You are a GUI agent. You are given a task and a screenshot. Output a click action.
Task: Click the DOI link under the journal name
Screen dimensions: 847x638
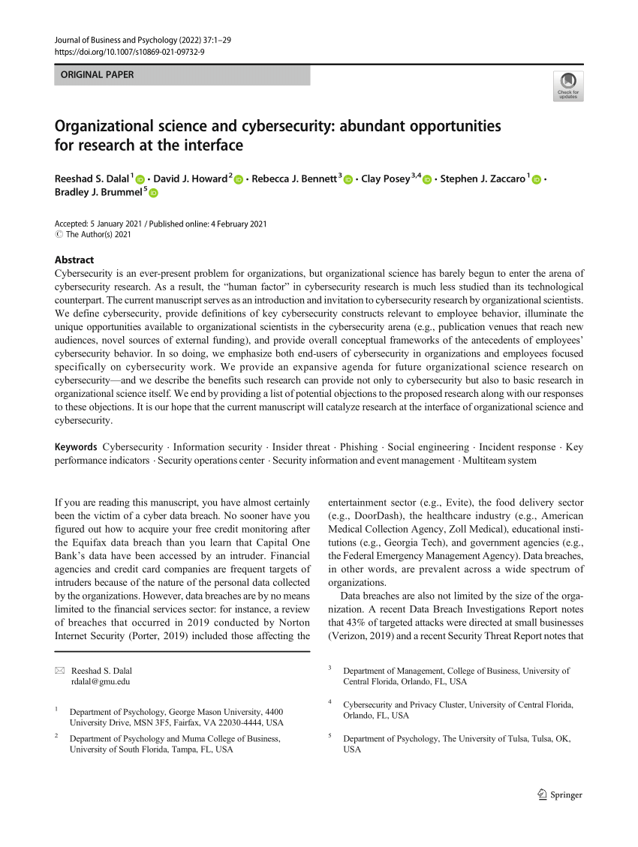coord(131,51)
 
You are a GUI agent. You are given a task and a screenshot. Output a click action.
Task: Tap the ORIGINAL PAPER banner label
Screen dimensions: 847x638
coord(98,75)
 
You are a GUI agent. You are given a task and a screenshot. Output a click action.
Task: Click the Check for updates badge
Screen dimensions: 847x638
coord(567,86)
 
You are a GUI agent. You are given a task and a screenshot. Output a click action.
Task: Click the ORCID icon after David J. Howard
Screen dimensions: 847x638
coord(239,179)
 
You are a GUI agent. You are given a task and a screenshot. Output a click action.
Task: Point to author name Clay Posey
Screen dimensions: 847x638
coord(385,178)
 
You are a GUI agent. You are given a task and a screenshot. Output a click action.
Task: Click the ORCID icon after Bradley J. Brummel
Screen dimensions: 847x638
coord(154,193)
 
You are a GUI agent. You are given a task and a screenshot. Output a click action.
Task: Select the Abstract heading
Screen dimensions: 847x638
coord(74,260)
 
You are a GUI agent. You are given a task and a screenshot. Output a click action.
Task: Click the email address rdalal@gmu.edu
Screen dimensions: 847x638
coord(101,682)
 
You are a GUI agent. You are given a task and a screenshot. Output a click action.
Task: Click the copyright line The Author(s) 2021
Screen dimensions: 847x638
coord(98,235)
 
